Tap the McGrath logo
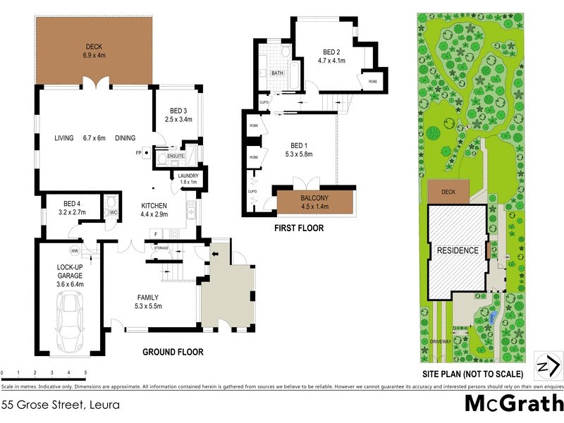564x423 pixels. (513, 404)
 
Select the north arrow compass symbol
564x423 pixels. (547, 365)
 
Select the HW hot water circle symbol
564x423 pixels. (74, 250)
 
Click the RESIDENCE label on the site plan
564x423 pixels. (458, 250)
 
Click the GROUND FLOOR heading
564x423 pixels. (173, 352)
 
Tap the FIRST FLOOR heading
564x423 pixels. (299, 228)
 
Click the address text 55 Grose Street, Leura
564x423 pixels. (60, 405)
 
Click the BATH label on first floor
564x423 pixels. (277, 73)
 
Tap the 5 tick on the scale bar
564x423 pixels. (85, 372)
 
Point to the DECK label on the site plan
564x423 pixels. (448, 192)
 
